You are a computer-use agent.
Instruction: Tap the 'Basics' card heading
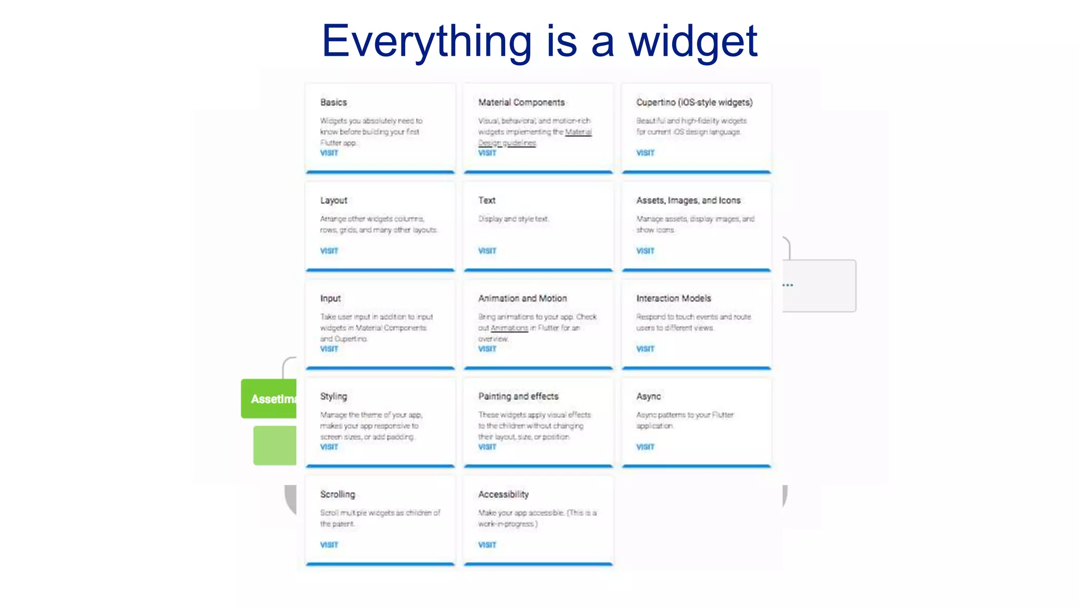click(x=333, y=102)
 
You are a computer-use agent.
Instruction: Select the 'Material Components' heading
click(x=521, y=102)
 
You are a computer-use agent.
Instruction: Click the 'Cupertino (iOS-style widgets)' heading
click(x=694, y=102)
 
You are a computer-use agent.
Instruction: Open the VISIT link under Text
click(x=487, y=251)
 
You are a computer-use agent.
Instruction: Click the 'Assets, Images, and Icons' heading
click(x=688, y=200)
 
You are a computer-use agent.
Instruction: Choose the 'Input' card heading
click(x=330, y=298)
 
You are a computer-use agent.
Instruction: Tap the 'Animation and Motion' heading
click(x=522, y=298)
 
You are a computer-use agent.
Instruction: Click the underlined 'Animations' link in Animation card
click(x=509, y=328)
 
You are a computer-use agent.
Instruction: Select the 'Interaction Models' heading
click(x=673, y=298)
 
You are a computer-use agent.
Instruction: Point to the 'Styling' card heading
click(x=333, y=396)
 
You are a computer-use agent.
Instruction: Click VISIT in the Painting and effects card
click(x=487, y=447)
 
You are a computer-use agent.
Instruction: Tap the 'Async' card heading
click(x=648, y=396)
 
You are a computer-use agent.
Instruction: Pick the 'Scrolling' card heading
click(x=337, y=494)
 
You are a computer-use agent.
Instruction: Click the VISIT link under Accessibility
click(x=487, y=545)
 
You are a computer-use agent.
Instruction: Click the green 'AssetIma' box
click(x=269, y=399)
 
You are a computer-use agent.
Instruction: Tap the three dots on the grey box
click(x=788, y=285)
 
